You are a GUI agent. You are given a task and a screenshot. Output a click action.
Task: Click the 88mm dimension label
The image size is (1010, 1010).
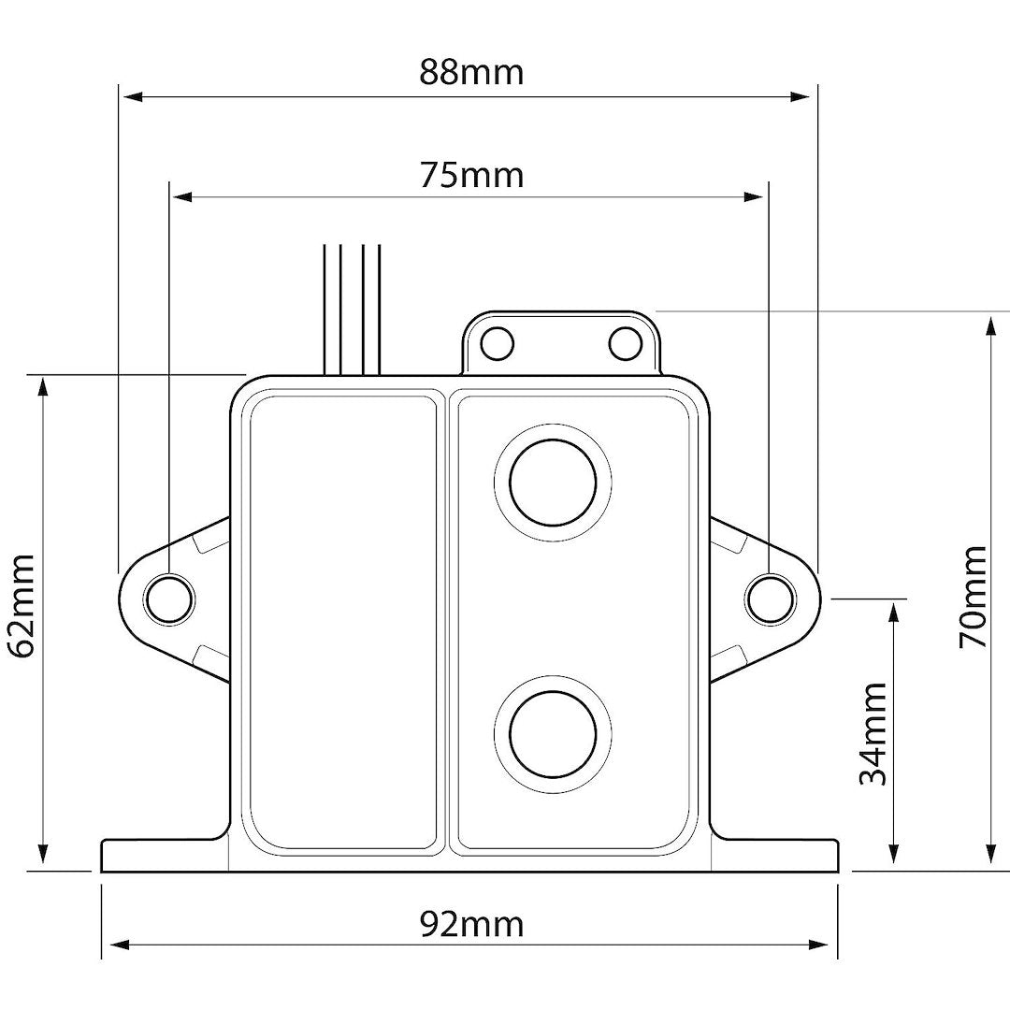point(470,73)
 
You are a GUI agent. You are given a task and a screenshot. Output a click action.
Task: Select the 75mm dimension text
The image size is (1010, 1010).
point(470,175)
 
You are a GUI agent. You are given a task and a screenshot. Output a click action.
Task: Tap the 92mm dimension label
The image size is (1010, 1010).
point(470,924)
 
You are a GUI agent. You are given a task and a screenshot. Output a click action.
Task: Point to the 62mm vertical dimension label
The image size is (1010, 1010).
point(21,605)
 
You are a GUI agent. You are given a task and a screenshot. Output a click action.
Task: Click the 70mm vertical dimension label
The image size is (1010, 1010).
point(973,597)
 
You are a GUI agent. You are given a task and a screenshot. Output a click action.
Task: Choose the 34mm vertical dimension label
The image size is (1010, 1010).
point(873,734)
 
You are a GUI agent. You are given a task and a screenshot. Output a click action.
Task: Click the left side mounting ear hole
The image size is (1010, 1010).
point(169,598)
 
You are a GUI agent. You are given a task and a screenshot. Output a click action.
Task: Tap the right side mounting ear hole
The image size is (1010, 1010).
point(769,598)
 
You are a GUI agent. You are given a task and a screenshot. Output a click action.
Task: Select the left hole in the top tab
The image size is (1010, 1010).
point(498,343)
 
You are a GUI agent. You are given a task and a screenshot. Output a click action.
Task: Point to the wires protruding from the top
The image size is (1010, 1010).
point(353,309)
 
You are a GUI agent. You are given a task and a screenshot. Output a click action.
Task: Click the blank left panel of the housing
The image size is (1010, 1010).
point(342,622)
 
